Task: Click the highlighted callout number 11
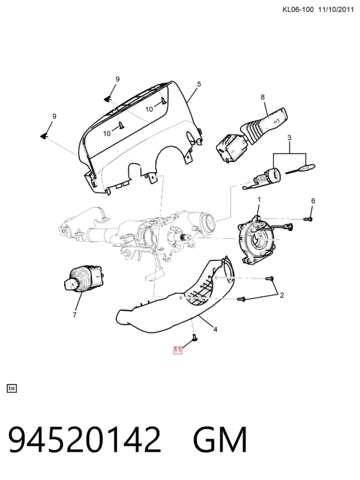[x=178, y=350]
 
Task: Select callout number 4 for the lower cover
[x=215, y=329]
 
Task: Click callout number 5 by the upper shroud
[x=199, y=84]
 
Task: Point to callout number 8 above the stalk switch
[x=263, y=97]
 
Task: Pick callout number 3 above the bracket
[x=289, y=138]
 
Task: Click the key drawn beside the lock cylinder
[x=301, y=169]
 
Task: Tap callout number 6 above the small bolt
[x=313, y=201]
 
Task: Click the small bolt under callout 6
[x=308, y=219]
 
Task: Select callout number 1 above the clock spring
[x=259, y=200]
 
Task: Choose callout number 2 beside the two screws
[x=281, y=295]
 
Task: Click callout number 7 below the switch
[x=74, y=314]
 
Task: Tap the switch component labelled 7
[x=83, y=279]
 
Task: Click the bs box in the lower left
[x=11, y=388]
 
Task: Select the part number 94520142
[x=84, y=440]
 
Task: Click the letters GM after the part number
[x=220, y=440]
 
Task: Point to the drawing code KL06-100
[x=298, y=10]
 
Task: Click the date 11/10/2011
[x=336, y=10]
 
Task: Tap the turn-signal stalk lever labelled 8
[x=252, y=132]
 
